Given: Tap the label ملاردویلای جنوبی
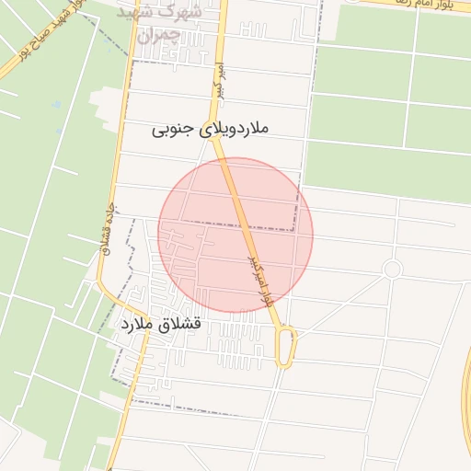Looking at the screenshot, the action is coord(212,131).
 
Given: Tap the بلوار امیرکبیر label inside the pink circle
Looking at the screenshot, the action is coord(258,277).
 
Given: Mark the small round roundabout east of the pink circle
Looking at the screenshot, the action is coord(393,269).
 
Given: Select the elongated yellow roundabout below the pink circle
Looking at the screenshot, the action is coord(287,347).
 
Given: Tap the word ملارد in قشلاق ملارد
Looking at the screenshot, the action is coord(132,325).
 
